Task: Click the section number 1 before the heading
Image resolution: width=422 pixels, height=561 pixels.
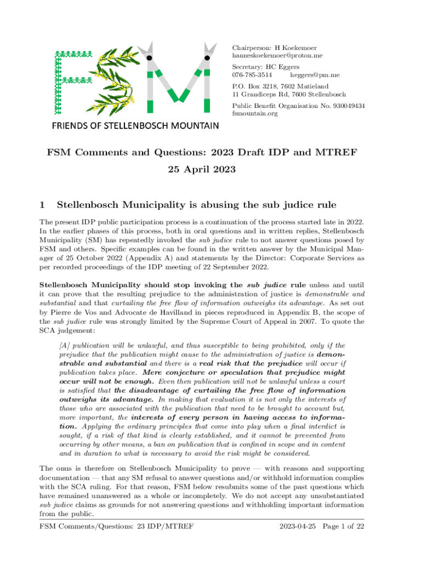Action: coord(42,205)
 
